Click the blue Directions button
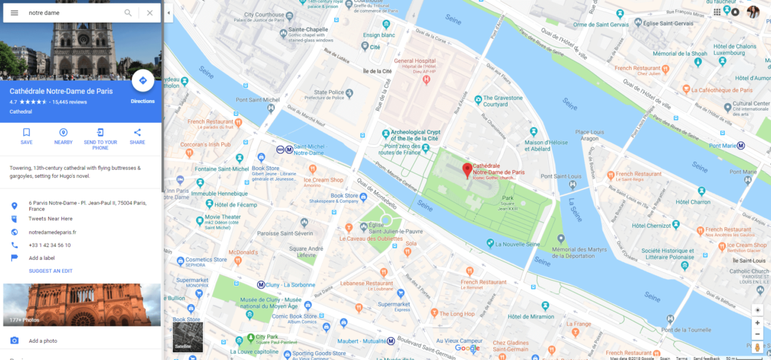(143, 81)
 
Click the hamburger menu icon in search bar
(14, 13)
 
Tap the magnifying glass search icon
(128, 13)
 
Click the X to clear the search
(149, 13)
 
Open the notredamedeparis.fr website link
(52, 232)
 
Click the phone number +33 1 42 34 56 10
(49, 245)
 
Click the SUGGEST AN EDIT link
(51, 271)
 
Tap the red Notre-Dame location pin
(467, 171)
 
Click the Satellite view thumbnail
(188, 336)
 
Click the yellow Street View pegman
(757, 347)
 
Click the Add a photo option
(43, 341)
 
